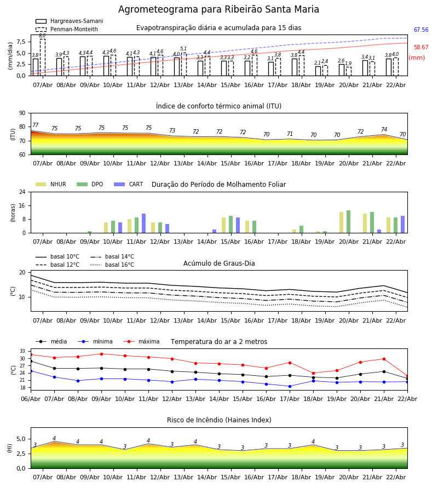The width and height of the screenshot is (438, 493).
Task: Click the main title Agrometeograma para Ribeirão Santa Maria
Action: (218, 9)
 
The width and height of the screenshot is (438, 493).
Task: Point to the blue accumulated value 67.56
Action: (421, 30)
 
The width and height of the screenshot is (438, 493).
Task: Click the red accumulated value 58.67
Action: (421, 48)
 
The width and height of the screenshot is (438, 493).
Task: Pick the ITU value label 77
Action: (36, 125)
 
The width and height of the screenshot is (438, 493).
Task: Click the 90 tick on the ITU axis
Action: (22, 113)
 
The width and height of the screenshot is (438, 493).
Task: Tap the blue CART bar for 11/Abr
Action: (144, 223)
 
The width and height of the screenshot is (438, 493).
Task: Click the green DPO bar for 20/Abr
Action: (348, 222)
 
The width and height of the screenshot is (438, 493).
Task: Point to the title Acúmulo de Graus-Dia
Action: (219, 263)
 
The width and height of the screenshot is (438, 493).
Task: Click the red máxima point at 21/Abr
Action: (384, 359)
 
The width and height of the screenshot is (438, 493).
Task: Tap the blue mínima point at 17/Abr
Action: (290, 386)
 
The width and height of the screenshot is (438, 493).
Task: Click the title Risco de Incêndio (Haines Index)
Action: (219, 420)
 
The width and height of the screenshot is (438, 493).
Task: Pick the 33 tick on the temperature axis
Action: (22, 351)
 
